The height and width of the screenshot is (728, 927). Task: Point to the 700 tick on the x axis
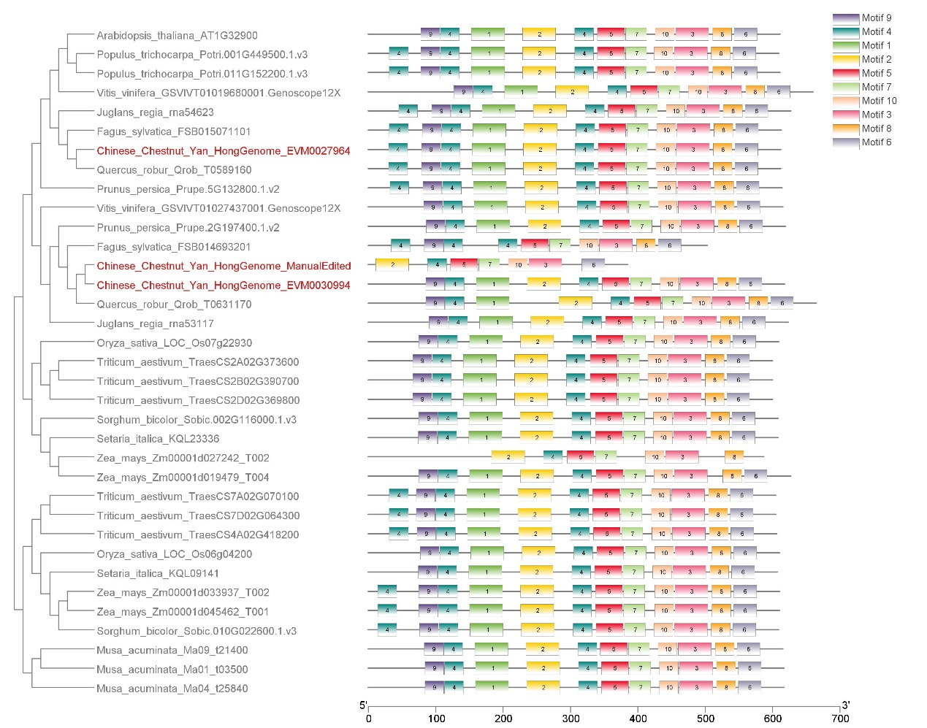[840, 719]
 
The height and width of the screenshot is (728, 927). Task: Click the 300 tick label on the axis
[571, 719]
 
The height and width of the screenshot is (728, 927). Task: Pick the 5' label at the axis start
[363, 705]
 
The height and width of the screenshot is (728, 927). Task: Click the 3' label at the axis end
[846, 705]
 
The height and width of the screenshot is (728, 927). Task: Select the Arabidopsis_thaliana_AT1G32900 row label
[177, 35]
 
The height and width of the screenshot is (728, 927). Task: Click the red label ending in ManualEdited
[224, 266]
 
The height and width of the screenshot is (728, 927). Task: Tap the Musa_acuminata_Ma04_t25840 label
[172, 689]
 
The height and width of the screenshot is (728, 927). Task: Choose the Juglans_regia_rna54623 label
[155, 112]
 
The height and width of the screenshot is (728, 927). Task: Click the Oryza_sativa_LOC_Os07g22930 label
[174, 342]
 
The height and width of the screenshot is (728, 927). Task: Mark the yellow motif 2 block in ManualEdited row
[392, 264]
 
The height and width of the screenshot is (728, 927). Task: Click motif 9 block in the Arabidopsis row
[430, 34]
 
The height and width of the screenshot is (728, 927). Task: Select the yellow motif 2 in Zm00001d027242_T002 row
[508, 457]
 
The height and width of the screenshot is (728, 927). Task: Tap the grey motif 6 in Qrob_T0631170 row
[782, 303]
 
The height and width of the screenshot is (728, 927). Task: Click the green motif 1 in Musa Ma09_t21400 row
[492, 649]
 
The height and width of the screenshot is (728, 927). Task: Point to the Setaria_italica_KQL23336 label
[158, 439]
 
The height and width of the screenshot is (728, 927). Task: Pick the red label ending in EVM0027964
[224, 151]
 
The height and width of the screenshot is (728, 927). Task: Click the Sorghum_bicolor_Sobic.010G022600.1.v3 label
[197, 631]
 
